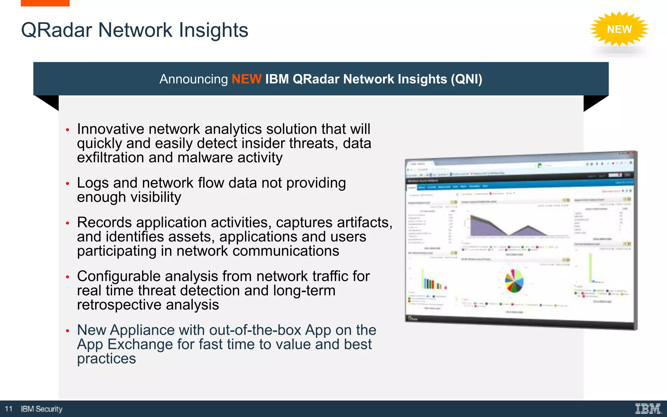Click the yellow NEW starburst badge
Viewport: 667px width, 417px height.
pos(619,29)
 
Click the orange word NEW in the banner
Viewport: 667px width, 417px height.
pos(246,79)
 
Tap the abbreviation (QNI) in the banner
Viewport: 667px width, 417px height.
pos(466,79)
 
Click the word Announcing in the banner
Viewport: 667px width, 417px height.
pos(193,79)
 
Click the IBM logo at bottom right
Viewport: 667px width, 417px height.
pos(648,409)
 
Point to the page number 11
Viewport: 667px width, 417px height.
pos(9,409)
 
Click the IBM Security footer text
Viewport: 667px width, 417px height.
pos(42,409)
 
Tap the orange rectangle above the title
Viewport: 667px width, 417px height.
pos(45,3)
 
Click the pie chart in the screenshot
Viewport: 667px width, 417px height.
pos(514,281)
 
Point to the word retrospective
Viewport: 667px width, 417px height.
pos(119,305)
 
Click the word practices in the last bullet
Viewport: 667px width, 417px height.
pos(106,359)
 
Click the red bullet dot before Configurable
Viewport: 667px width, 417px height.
pos(67,277)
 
